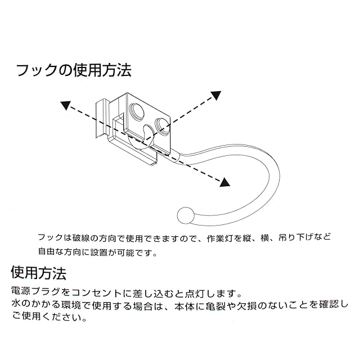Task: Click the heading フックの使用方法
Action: click(74, 71)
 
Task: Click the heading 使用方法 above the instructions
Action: click(39, 274)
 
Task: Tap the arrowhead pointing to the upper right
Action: click(215, 96)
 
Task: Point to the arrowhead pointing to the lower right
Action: click(225, 182)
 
